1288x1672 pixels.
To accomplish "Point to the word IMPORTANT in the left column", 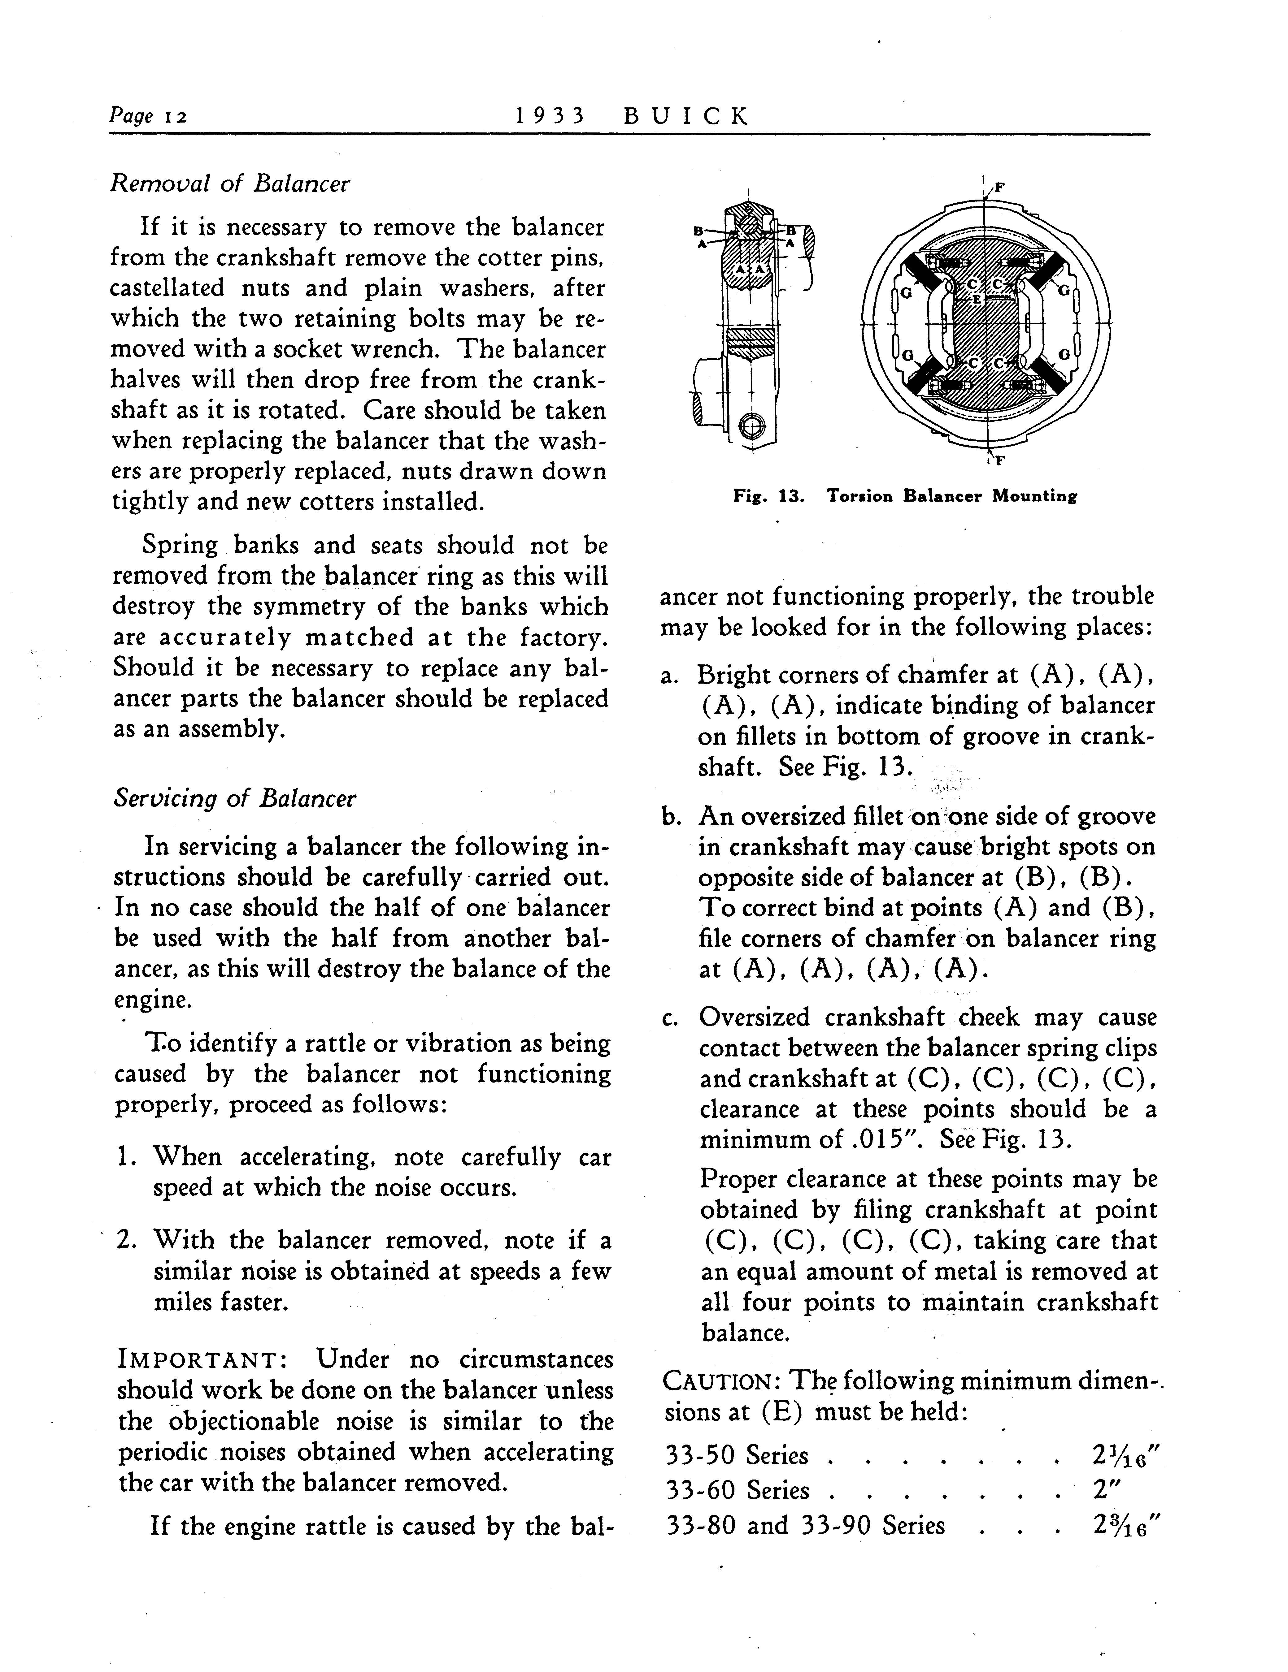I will pyautogui.click(x=202, y=1360).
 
